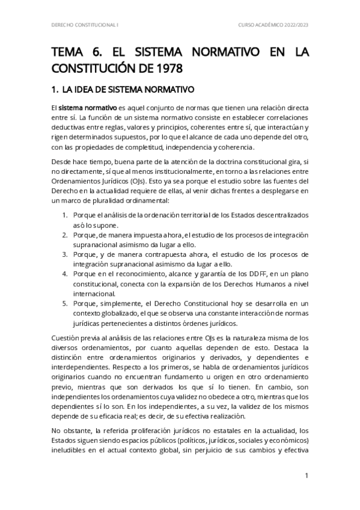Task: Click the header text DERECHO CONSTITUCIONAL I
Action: coord(84,25)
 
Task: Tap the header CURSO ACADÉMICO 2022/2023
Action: coord(273,25)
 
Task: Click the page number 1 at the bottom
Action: coord(307,475)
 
